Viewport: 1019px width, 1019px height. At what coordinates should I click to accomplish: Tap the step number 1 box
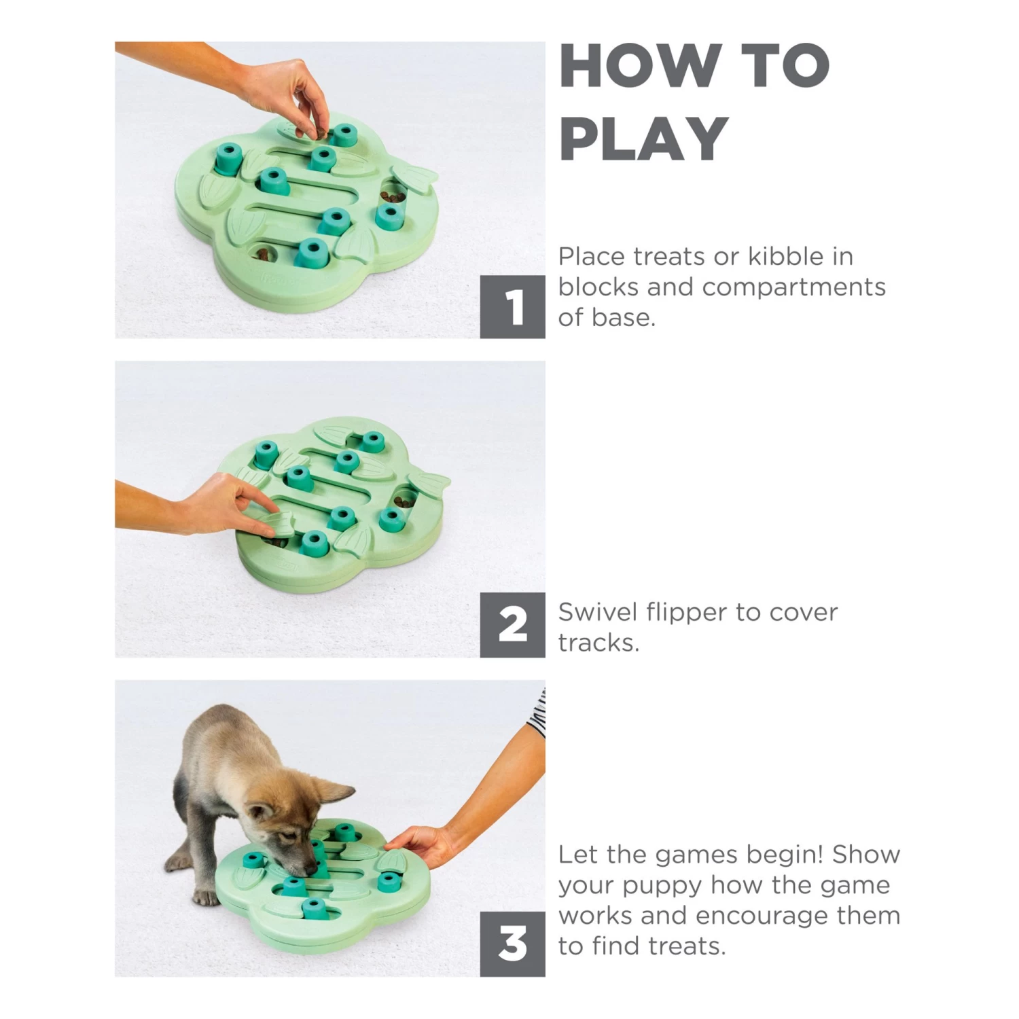[512, 306]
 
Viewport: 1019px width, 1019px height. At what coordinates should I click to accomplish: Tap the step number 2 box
[512, 624]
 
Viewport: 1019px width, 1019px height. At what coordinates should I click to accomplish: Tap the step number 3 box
[512, 944]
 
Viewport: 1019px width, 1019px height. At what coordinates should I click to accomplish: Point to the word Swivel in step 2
[598, 612]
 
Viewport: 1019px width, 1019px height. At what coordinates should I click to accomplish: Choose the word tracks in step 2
[598, 643]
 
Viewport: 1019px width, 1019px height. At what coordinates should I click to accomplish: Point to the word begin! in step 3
[782, 855]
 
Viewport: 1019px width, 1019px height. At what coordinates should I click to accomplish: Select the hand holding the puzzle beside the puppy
[421, 846]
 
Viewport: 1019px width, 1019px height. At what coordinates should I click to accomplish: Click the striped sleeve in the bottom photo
[537, 713]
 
